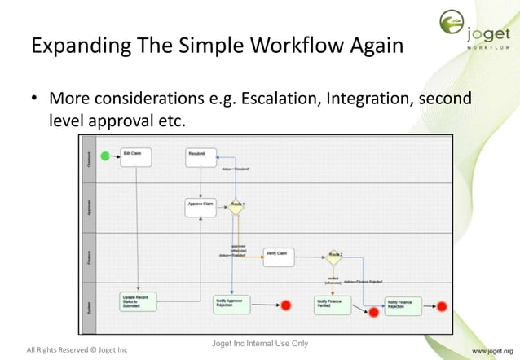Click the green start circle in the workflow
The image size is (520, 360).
(104, 156)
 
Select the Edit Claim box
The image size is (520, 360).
(136, 156)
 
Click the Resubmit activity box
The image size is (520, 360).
(201, 156)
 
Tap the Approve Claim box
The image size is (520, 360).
(201, 207)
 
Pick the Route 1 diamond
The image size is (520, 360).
(236, 207)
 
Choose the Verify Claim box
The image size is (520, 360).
(278, 257)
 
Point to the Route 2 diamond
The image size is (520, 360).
(333, 257)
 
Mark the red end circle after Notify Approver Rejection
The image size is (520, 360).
(285, 306)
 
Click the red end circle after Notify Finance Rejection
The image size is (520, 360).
(443, 306)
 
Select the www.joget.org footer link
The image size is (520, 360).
(491, 350)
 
